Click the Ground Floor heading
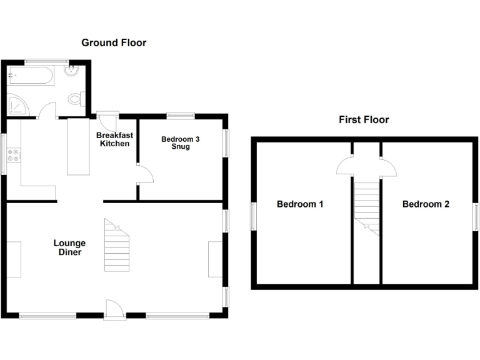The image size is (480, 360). [x=114, y=42]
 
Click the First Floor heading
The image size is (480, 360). [x=364, y=119]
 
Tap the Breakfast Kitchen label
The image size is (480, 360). [x=113, y=139]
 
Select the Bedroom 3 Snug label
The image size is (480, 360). [x=181, y=143]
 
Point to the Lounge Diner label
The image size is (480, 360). [x=69, y=247]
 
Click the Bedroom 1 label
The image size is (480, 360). [x=300, y=204]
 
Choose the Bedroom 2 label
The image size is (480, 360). [x=426, y=204]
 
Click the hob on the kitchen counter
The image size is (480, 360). [x=12, y=160]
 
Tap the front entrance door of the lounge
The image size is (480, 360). [x=114, y=309]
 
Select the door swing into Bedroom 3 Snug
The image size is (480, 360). [x=145, y=173]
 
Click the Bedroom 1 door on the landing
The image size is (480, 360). [x=344, y=166]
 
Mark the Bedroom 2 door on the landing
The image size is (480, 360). [x=387, y=166]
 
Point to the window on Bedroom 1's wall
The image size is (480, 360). [x=253, y=216]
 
